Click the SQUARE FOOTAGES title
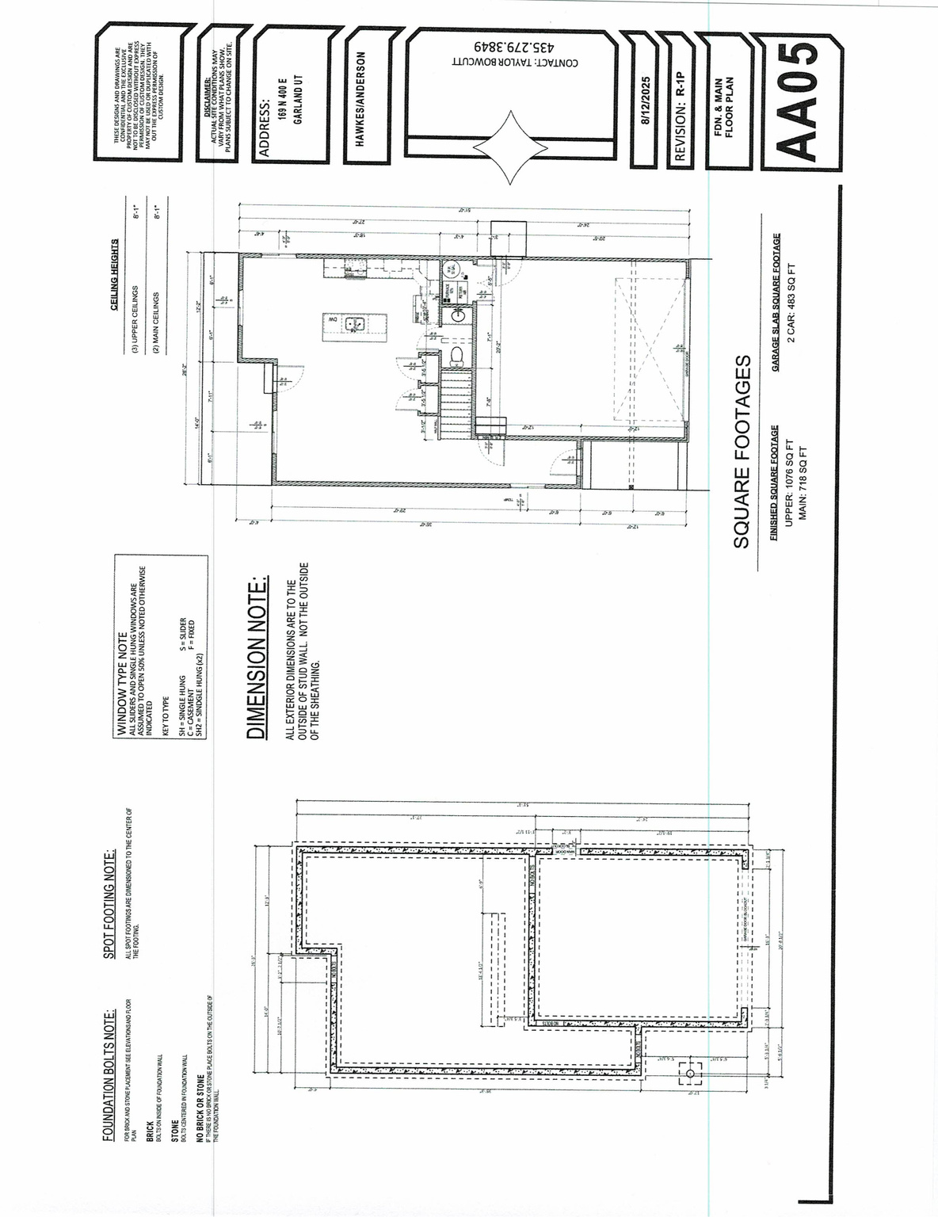(x=742, y=452)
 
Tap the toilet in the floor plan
(x=456, y=355)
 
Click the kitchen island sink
(x=354, y=323)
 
